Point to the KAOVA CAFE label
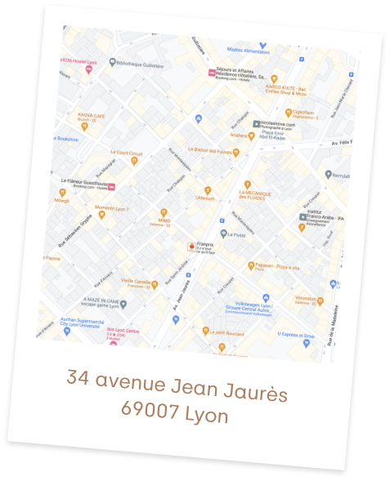(x=92, y=116)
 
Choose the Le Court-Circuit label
(x=126, y=153)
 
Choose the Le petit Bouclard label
(x=228, y=332)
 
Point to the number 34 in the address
(x=78, y=378)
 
